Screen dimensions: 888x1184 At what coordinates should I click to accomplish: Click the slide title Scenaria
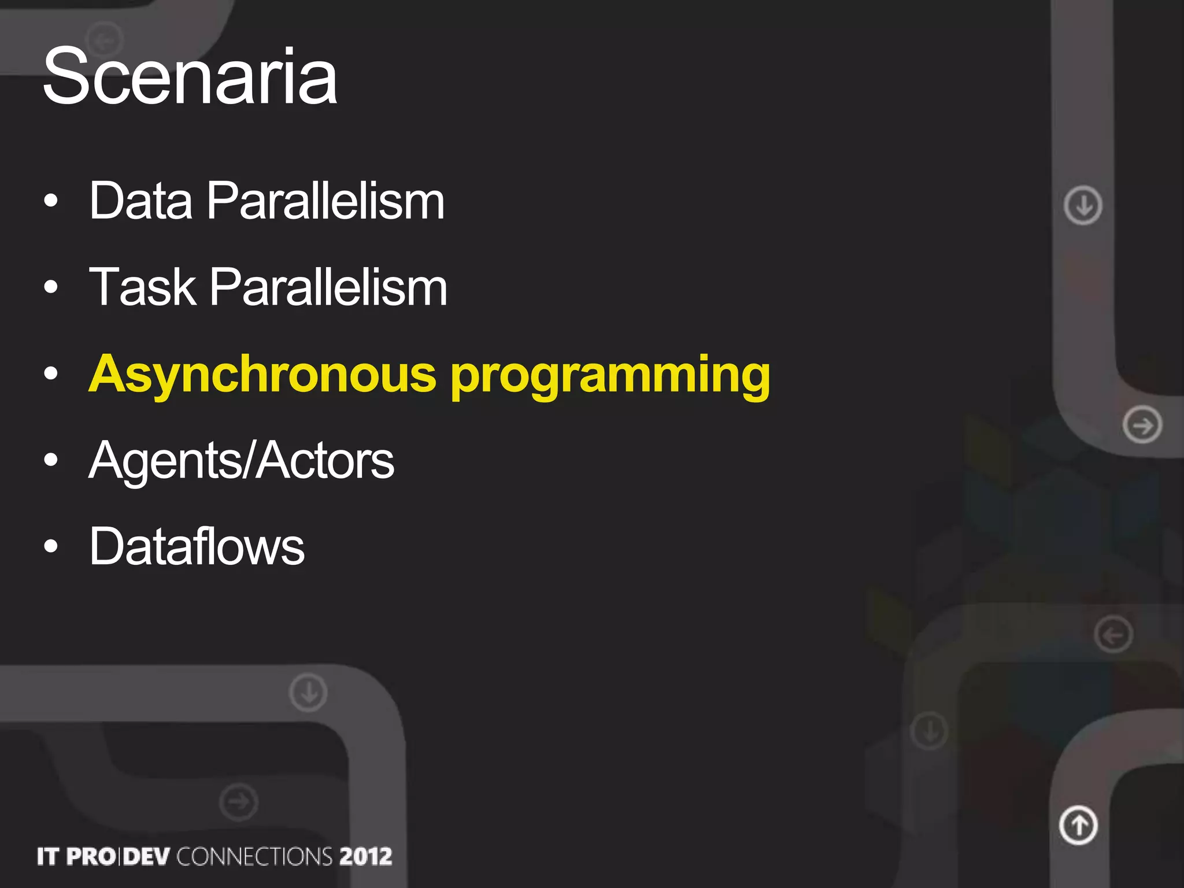(190, 76)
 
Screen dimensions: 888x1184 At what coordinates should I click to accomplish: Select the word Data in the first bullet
(140, 201)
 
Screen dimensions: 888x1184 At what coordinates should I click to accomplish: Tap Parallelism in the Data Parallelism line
(325, 201)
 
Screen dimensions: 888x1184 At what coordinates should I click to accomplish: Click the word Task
(142, 287)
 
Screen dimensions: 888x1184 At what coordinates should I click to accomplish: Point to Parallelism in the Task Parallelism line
(328, 287)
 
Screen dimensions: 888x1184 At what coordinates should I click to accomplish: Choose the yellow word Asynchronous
(262, 375)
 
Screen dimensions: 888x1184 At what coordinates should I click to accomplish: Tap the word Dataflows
(197, 546)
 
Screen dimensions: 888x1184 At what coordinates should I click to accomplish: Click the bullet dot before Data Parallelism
(51, 201)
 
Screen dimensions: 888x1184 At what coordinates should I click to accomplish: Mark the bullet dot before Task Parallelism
(51, 287)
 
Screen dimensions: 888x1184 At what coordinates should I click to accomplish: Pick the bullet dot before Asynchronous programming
(51, 374)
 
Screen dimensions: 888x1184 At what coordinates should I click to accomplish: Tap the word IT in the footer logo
(48, 856)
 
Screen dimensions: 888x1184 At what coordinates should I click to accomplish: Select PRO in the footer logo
(91, 856)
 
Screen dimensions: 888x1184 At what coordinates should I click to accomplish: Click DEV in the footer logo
(146, 856)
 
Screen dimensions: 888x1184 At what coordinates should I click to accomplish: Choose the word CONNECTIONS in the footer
(254, 856)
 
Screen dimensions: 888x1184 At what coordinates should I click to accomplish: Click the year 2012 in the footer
(365, 856)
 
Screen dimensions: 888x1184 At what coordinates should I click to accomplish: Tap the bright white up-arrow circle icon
(1078, 825)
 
